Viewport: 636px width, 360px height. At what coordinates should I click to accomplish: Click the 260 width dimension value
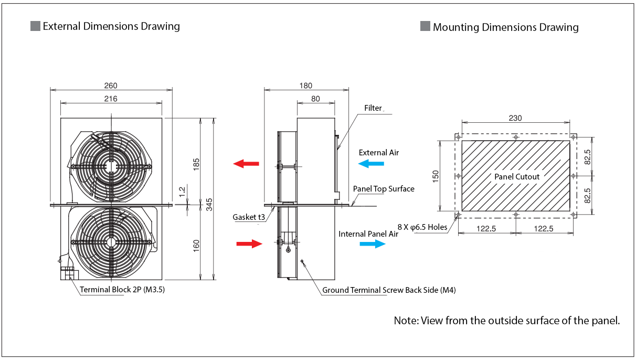coord(111,86)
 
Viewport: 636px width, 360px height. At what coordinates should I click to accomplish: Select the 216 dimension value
coord(111,98)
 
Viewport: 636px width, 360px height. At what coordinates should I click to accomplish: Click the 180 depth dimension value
coord(305,86)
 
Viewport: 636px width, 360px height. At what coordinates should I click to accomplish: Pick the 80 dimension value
coord(315,98)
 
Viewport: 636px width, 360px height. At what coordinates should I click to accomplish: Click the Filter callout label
coord(373,108)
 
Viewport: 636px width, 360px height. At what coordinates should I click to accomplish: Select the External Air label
coord(378,153)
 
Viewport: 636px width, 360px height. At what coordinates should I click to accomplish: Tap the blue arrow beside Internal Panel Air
coord(373,244)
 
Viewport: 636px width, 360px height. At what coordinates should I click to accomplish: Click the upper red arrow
coord(246,164)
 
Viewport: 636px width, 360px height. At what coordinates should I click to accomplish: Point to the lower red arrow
coord(249,243)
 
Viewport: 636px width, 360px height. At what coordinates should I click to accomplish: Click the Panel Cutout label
coord(516,177)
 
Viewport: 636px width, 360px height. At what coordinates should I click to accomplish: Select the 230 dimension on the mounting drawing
coord(515,118)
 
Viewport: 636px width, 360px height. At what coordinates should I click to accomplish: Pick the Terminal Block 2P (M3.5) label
coord(122,289)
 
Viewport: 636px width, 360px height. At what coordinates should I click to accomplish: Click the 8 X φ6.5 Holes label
coord(422,227)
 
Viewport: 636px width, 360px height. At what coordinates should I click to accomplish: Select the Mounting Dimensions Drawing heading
coord(505,27)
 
